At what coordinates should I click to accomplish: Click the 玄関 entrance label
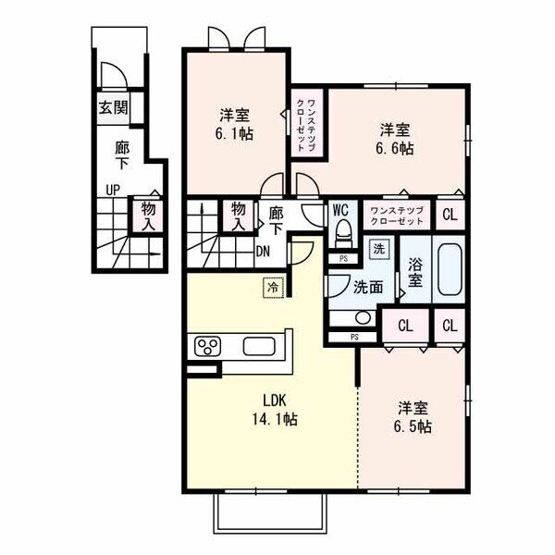[113, 107]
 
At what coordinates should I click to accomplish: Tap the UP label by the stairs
[113, 191]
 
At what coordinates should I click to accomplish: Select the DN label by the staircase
[263, 252]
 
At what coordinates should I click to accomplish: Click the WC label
[340, 210]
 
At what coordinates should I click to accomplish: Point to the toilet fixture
[343, 233]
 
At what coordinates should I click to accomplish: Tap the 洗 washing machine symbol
[379, 249]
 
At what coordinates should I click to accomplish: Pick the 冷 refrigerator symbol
[273, 288]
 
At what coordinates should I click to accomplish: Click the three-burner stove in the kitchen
[207, 346]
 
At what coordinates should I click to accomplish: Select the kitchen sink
[259, 346]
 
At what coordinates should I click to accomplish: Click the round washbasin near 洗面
[363, 317]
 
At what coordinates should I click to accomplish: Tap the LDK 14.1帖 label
[275, 410]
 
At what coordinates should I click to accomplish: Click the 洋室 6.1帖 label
[234, 125]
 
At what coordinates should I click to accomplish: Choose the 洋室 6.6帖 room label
[395, 139]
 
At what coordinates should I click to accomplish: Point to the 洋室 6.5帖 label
[413, 417]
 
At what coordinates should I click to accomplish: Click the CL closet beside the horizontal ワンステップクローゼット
[450, 215]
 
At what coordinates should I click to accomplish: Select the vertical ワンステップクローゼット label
[306, 126]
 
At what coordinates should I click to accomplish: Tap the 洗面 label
[368, 288]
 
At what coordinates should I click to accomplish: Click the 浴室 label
[415, 272]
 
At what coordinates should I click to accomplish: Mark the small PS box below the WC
[343, 259]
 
